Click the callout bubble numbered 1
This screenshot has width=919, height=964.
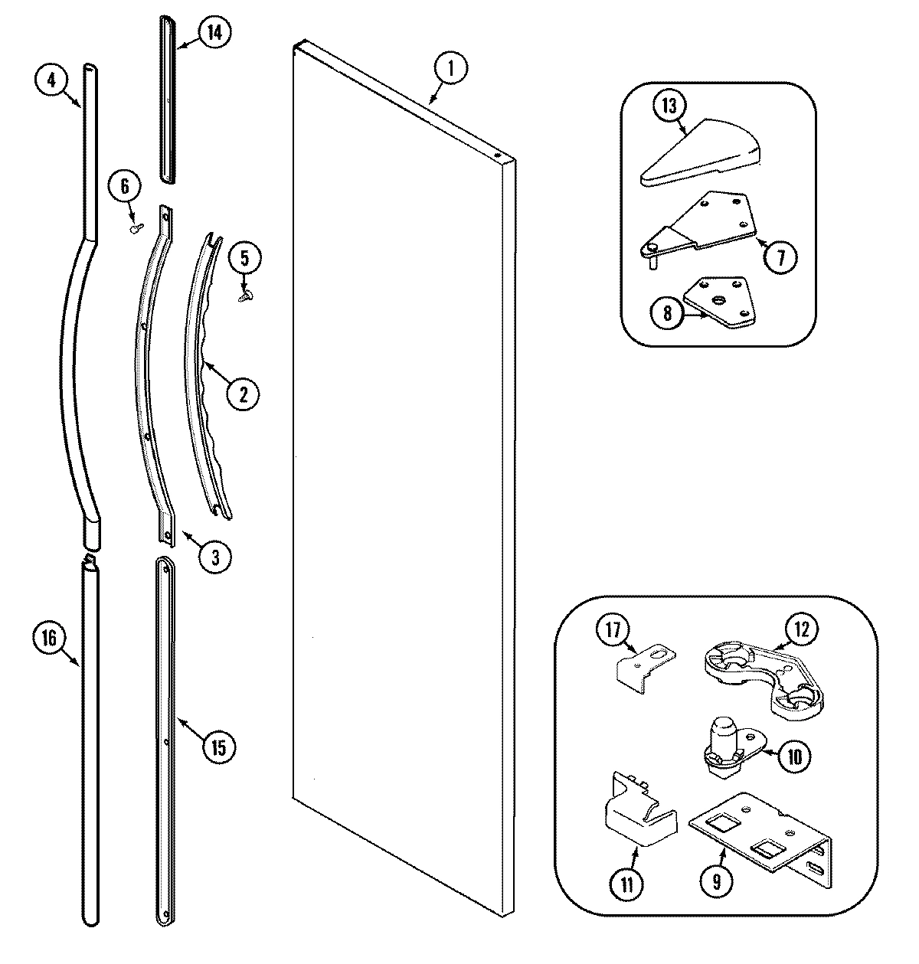tap(451, 69)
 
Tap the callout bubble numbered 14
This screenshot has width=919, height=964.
tap(215, 31)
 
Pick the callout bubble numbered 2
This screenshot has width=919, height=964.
tap(243, 394)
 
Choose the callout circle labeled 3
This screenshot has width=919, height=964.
tap(215, 557)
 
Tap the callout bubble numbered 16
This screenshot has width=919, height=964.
tap(49, 639)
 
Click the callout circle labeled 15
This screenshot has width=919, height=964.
tap(219, 747)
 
